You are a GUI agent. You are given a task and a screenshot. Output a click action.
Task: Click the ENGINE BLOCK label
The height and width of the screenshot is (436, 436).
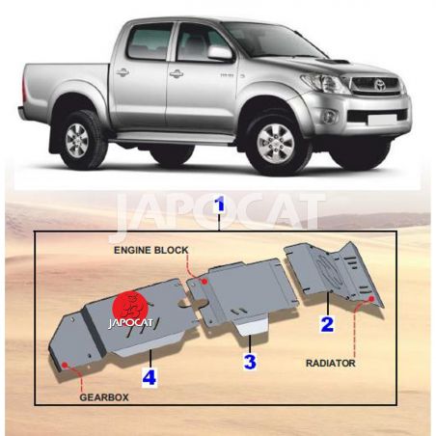150,250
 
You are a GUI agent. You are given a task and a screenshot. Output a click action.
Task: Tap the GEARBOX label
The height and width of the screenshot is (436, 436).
104,397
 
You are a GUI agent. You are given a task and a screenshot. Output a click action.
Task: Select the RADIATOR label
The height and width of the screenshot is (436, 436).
331,364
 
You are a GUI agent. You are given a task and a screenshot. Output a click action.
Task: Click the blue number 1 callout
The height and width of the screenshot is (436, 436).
220,204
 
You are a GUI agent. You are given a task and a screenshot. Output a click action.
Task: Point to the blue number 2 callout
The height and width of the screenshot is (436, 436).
327,324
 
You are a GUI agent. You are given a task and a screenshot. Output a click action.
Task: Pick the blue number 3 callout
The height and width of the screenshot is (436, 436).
250,362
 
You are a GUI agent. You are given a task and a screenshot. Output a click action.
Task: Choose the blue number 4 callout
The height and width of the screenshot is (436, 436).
150,377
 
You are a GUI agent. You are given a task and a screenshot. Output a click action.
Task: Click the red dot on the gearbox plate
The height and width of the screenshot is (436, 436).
65,365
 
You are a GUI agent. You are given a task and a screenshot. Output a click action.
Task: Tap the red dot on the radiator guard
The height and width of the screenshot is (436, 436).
371,299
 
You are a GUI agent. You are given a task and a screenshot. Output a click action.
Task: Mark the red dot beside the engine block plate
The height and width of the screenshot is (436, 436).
204,282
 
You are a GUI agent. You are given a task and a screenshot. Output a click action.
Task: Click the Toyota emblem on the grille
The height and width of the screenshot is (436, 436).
379,84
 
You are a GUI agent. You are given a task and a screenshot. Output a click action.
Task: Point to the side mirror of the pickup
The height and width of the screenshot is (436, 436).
220,53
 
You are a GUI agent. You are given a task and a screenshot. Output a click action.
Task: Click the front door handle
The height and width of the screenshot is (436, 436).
177,74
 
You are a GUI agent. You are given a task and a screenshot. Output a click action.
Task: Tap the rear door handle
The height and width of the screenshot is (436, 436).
123,72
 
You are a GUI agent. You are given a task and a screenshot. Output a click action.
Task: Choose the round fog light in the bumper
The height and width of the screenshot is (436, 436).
330,116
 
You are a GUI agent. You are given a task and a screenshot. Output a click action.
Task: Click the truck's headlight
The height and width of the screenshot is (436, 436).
325,83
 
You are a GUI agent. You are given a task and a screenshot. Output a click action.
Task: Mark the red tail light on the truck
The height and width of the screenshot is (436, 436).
24,87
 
